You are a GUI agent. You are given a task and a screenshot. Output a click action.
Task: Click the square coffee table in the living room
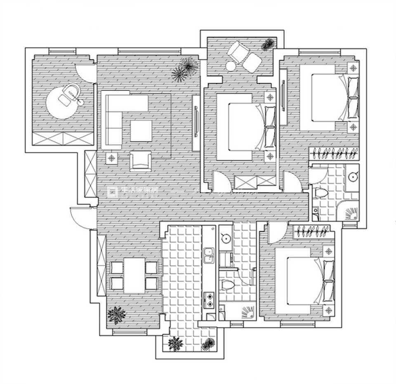141,131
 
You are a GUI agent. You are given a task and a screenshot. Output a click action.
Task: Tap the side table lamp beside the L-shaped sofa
112,157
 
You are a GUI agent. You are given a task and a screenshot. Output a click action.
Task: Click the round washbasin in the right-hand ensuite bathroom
353,177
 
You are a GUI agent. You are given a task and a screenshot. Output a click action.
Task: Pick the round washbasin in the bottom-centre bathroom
225,237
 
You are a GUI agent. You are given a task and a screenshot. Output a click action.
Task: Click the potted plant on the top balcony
268,44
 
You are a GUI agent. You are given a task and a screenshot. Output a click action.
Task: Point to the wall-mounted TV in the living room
196,123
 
